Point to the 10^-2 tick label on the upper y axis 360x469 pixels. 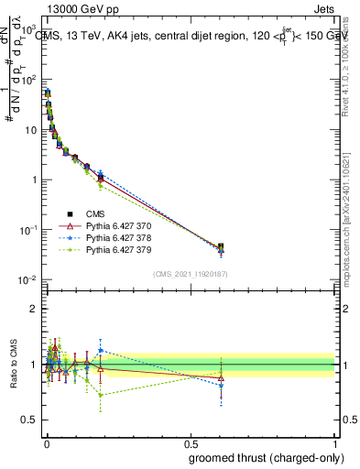tap(28, 280)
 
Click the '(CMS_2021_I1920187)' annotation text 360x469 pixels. tap(190, 273)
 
